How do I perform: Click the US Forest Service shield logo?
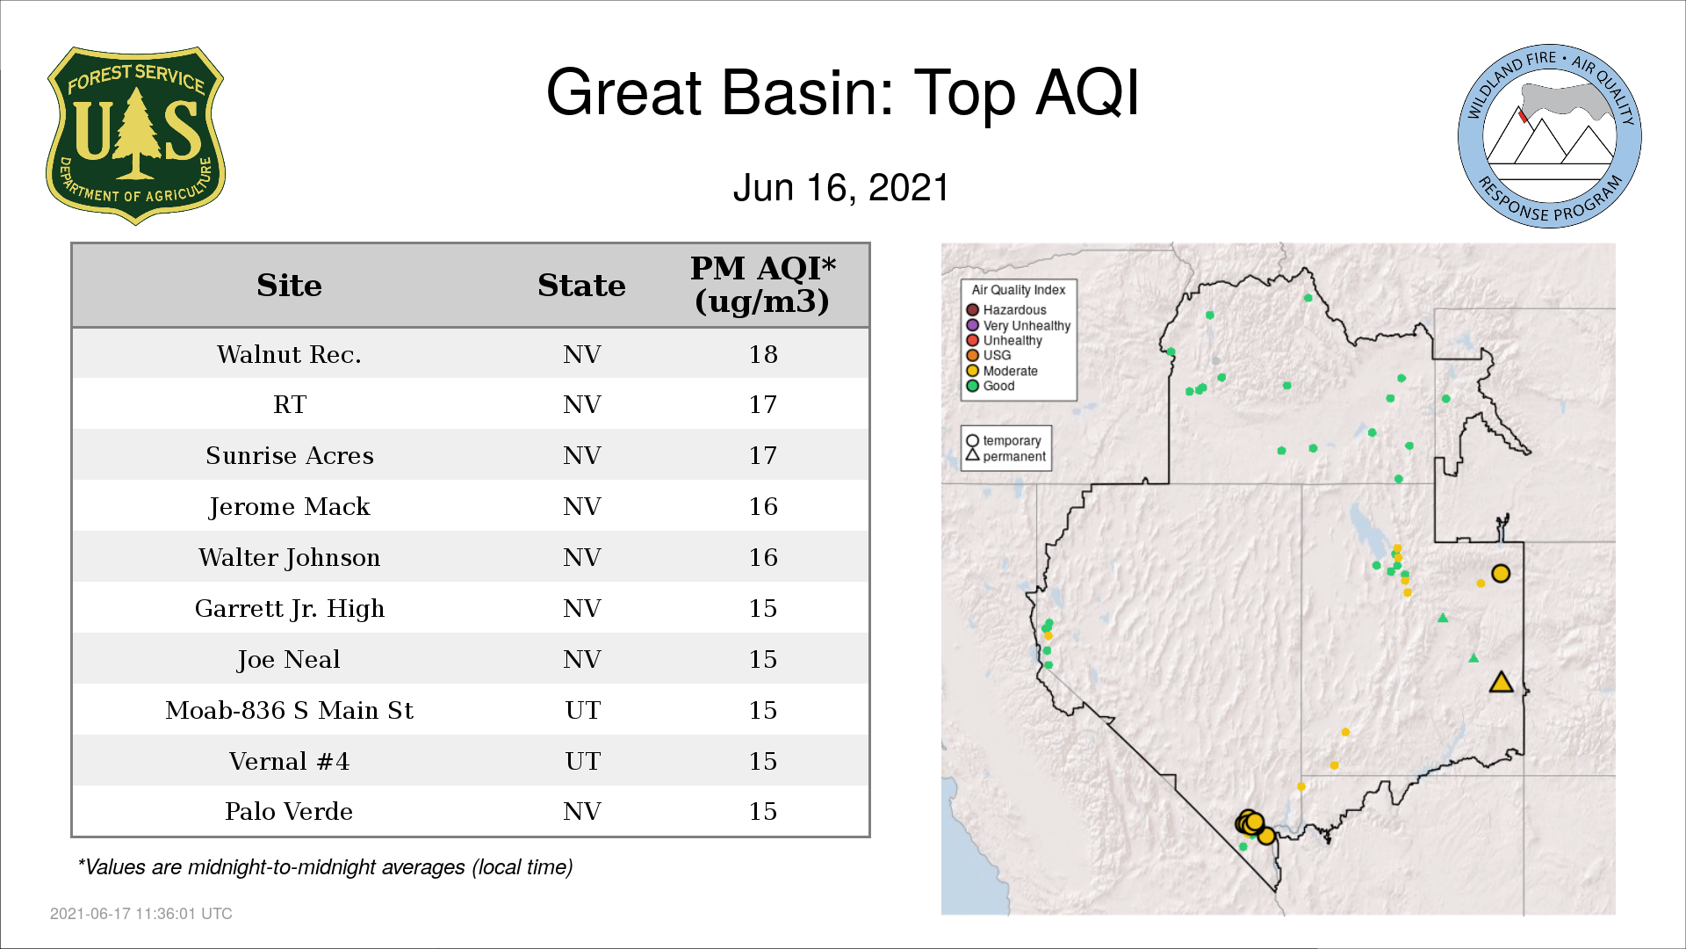point(135,135)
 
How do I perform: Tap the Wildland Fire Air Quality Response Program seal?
point(1549,136)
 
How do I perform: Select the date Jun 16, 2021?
point(841,188)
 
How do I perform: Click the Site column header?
point(289,286)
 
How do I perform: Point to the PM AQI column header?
point(762,285)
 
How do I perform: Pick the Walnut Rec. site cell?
point(289,354)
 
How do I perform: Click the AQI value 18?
point(763,354)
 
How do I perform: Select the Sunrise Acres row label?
point(289,455)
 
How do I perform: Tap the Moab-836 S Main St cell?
point(289,710)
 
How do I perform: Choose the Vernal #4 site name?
point(289,761)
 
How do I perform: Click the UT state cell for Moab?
point(582,710)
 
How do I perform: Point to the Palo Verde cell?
point(289,811)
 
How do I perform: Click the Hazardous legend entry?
point(1006,310)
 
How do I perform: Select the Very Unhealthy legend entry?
point(1019,325)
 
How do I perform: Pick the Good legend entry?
point(991,386)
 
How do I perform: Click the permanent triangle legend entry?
point(1005,456)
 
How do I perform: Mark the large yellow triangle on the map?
point(1501,683)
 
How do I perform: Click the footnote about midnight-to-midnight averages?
point(325,867)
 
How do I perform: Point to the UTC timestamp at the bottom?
point(141,914)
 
